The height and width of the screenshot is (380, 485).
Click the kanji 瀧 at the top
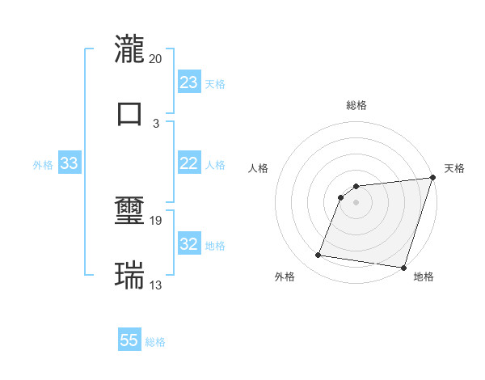[130, 50]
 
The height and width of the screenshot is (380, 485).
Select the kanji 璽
[130, 213]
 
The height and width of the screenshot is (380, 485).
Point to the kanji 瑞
[130, 275]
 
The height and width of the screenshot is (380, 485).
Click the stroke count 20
[156, 59]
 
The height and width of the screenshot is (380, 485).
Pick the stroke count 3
[156, 123]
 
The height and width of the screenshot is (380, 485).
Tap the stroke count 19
[156, 220]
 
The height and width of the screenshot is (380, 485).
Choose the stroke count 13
[156, 285]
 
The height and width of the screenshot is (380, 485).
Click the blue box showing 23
[189, 82]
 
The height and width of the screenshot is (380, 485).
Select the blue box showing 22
[189, 163]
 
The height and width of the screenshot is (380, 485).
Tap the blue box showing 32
[189, 244]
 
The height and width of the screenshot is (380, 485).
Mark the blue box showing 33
[69, 164]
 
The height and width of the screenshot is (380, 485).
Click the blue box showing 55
[129, 340]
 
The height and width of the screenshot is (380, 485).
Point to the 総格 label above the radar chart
[356, 105]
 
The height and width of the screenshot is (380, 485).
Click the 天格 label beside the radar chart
[454, 168]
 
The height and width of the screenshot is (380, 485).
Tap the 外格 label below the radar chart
[285, 277]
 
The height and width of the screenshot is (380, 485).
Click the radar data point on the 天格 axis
[432, 179]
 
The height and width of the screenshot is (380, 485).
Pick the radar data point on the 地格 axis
[403, 268]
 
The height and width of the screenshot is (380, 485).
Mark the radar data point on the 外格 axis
[318, 255]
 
